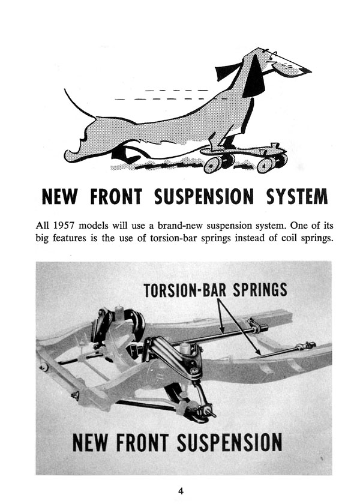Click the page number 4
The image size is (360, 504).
(181, 491)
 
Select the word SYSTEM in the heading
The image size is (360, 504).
(297, 196)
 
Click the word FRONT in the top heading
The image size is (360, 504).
(116, 196)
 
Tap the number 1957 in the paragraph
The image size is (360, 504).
(64, 226)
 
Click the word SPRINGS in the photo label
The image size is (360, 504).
(260, 290)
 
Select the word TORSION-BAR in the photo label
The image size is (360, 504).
(185, 290)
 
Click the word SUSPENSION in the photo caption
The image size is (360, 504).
(229, 443)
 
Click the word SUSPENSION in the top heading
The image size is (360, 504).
(204, 196)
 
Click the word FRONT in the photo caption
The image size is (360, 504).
(142, 443)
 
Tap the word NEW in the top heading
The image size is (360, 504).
(60, 196)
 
